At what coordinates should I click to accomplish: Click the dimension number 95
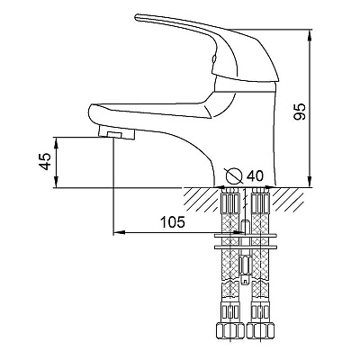pos(300,112)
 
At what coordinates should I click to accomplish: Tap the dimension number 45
pos(45,161)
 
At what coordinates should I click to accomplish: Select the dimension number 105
pos(173,222)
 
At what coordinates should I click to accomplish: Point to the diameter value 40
pos(255,176)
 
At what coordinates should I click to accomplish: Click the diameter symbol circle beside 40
pos(234,175)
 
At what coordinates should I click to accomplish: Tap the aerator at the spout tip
pos(117,132)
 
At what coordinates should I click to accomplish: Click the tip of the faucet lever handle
pos(137,17)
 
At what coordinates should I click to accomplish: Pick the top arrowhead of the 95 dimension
pos(310,34)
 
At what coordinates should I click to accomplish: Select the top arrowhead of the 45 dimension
pos(56,143)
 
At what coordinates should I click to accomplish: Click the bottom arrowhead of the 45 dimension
pos(56,183)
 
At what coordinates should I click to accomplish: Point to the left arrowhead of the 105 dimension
pos(119,232)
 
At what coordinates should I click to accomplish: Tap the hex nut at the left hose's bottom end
pos(230,330)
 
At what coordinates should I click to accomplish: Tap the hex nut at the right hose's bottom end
pos(260,330)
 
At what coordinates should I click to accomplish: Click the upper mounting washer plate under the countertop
pos(245,236)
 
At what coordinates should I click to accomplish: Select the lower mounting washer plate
pos(245,247)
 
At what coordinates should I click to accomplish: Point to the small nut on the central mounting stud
pos(245,265)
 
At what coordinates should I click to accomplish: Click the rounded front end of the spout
pos(91,112)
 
